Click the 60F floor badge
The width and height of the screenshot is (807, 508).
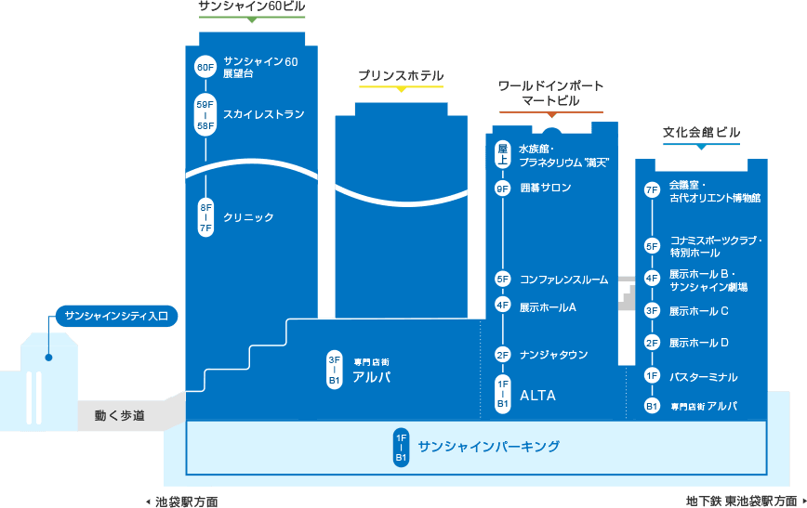205,67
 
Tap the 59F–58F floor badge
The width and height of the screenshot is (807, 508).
205,115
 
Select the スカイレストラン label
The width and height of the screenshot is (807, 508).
263,114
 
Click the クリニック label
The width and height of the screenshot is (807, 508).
248,217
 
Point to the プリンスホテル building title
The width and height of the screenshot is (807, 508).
401,75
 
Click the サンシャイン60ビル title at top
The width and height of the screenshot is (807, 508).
252,7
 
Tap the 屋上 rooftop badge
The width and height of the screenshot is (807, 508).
502,154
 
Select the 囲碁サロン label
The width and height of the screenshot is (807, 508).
546,188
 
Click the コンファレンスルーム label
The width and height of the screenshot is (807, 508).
564,280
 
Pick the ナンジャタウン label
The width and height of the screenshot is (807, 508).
554,355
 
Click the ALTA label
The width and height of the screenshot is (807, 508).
537,396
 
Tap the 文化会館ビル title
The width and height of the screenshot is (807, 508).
702,132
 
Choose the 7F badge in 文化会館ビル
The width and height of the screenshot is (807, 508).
652,190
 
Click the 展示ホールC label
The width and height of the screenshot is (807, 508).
699,311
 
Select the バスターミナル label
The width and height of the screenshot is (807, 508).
704,377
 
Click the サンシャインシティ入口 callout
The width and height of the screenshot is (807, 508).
117,316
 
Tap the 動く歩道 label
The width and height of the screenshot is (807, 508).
120,415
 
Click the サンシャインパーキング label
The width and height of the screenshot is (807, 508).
488,447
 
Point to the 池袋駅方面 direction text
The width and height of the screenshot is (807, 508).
187,501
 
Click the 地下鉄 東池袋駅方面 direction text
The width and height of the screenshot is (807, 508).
742,501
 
